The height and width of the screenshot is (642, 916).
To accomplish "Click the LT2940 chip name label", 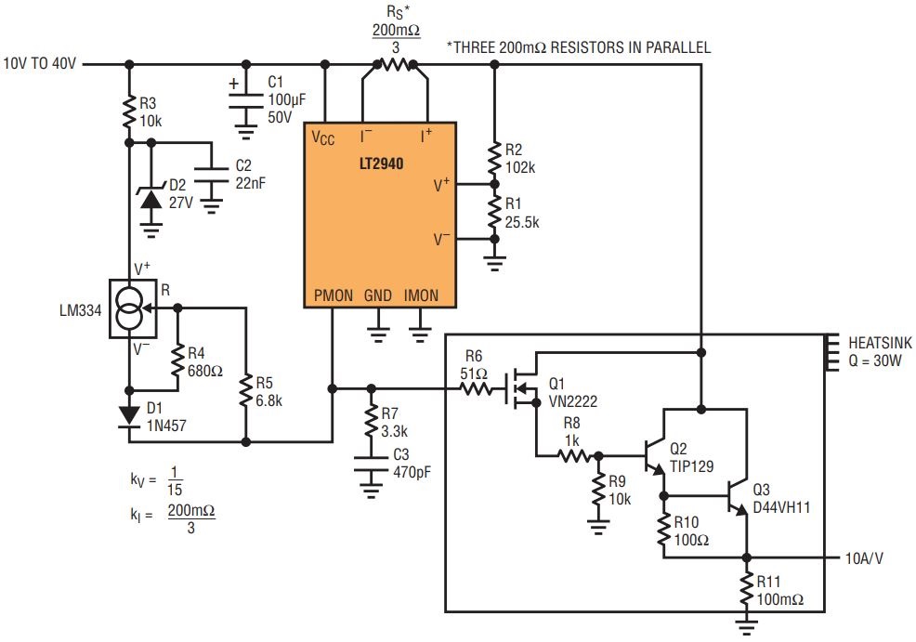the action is click(x=381, y=164).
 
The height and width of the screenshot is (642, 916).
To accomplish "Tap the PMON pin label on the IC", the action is click(x=333, y=295).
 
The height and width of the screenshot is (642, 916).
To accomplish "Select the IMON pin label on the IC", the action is click(x=421, y=295).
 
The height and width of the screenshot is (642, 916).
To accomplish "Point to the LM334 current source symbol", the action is click(x=133, y=308).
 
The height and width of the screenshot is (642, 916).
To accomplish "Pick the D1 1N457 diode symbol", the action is click(x=129, y=416).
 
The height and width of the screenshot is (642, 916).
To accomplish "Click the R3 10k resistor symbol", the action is click(x=129, y=112).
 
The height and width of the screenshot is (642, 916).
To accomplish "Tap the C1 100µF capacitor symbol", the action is click(x=246, y=100).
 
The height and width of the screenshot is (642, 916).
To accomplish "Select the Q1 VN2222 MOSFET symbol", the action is click(x=523, y=387).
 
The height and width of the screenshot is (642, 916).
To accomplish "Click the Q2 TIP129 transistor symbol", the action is click(x=656, y=455).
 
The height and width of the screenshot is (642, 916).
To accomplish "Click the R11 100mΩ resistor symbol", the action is click(x=747, y=589).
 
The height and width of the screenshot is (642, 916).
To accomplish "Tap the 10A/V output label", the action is click(x=864, y=558).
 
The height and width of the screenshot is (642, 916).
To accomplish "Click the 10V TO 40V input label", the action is click(x=40, y=64).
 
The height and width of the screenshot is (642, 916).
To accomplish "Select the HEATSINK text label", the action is click(x=880, y=343).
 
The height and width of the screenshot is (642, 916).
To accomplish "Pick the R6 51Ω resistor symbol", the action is click(x=477, y=388).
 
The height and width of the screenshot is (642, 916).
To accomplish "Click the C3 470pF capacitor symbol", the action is click(x=371, y=464).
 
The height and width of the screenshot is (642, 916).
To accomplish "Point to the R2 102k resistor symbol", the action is click(x=494, y=159).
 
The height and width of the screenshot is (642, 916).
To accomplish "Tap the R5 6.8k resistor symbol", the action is click(x=246, y=391).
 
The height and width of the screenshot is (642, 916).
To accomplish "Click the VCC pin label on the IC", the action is click(x=323, y=138).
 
